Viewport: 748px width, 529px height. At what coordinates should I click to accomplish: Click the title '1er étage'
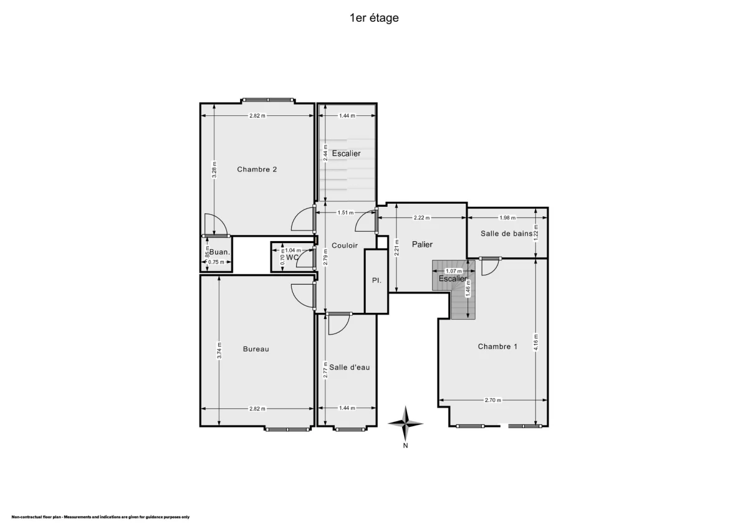click(x=374, y=18)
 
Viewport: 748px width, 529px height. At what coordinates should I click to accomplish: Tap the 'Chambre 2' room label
click(x=257, y=169)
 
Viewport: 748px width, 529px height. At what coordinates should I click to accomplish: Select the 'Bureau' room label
click(x=256, y=349)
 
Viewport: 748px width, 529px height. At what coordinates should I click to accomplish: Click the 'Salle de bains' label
click(x=506, y=234)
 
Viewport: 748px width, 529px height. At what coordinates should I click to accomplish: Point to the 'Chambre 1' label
click(x=497, y=346)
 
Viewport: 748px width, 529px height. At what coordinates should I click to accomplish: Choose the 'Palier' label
click(x=422, y=244)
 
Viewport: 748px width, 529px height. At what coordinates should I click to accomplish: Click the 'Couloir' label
click(x=345, y=245)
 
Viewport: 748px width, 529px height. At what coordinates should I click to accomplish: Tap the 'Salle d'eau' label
click(x=350, y=367)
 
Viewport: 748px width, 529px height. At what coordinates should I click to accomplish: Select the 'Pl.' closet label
click(x=376, y=280)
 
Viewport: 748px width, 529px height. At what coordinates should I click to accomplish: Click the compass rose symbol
click(x=405, y=424)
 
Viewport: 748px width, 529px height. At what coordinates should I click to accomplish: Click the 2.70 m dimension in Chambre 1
click(x=492, y=401)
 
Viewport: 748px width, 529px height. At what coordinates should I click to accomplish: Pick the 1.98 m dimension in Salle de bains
click(x=508, y=218)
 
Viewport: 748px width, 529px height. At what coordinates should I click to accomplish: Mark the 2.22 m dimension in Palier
click(x=422, y=218)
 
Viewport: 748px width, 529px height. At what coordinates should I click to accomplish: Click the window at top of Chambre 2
click(x=268, y=100)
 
